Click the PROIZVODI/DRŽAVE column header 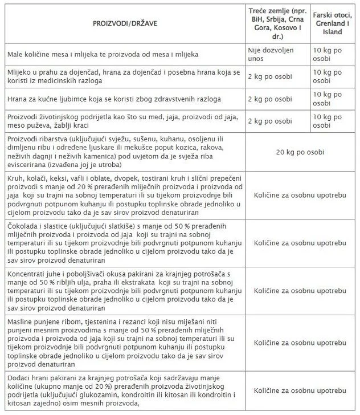point(125,25)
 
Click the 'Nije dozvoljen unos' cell point(271,55)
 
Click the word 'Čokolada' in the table point(23,227)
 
